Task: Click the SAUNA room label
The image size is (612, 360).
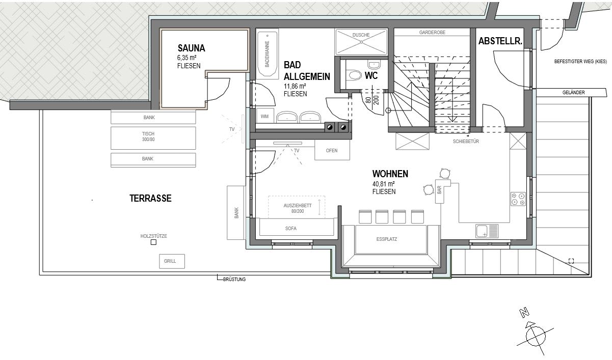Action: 191,48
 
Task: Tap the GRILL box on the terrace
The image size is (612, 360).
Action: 172,261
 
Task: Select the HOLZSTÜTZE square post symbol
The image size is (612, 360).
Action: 153,242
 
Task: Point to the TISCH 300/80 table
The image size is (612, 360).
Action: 153,138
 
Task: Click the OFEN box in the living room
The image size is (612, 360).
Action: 332,150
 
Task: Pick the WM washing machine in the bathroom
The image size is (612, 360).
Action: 264,116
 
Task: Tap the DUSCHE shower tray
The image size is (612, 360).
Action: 361,42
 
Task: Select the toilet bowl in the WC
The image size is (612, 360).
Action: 355,75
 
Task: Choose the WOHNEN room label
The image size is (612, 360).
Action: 390,174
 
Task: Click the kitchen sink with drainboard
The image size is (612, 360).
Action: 487,231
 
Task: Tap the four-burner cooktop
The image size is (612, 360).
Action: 518,199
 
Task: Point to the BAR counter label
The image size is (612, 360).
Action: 439,190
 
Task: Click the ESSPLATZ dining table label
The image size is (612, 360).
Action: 387,239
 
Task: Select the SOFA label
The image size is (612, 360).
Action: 290,229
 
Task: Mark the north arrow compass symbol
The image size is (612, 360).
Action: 535,335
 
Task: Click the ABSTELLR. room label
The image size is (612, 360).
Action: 500,41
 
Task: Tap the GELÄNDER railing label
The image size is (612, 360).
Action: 573,93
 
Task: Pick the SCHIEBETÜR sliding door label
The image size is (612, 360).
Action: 466,142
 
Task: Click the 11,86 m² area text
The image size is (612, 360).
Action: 295,86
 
